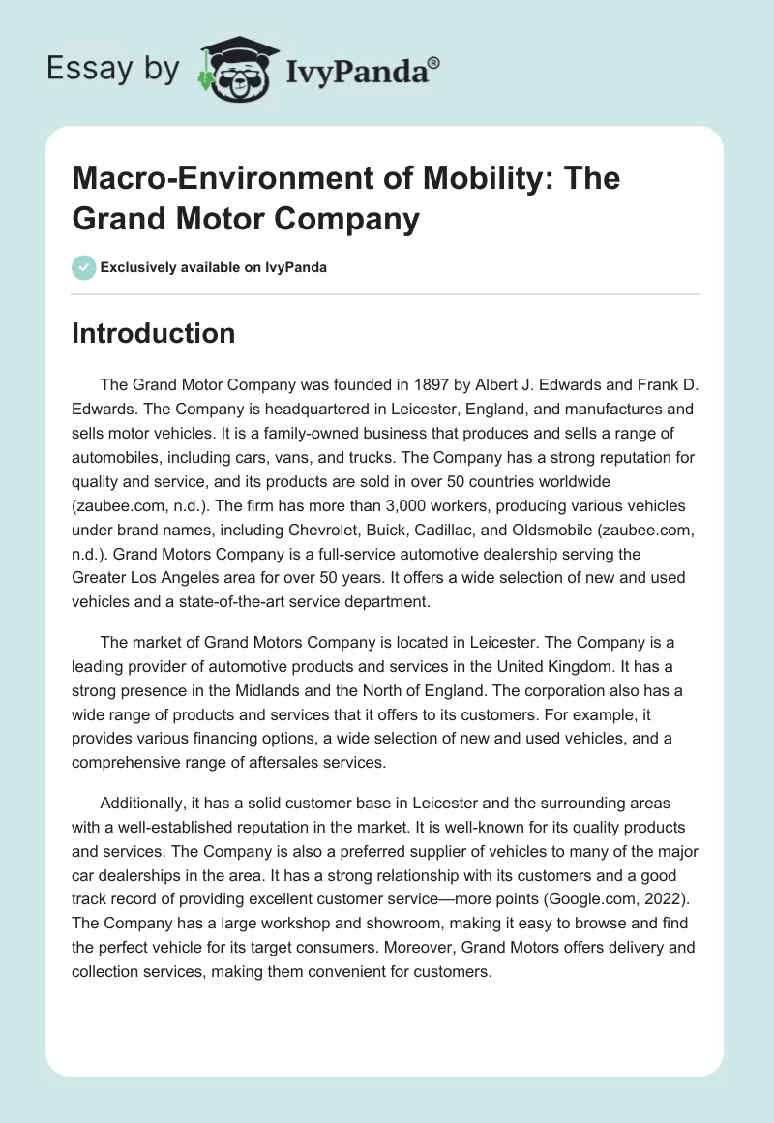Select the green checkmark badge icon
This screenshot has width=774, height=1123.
point(82,267)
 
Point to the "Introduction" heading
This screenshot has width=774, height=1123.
point(154,333)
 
